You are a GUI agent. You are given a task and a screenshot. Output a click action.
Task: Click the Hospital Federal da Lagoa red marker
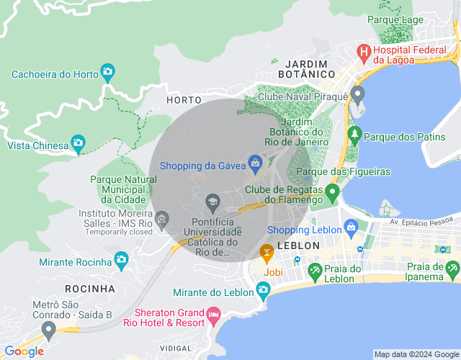point(364,53)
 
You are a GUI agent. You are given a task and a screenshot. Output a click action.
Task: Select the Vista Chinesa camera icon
point(78,142)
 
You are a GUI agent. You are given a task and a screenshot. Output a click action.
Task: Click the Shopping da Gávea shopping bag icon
point(254,163)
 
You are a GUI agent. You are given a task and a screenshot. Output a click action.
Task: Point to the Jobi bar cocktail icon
point(267,252)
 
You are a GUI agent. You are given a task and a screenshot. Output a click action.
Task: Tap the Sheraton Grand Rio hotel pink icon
point(213,315)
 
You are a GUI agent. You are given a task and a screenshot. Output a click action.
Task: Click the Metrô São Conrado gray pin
point(49,330)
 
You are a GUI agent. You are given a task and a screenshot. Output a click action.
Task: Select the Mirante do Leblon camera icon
point(263,289)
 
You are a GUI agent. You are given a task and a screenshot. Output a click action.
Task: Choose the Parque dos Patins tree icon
point(354,134)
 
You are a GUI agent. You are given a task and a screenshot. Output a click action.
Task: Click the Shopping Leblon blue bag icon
point(351,228)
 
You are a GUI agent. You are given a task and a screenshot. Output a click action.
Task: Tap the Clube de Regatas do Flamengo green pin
point(332,192)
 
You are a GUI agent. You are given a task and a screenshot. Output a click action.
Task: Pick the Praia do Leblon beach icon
point(315,271)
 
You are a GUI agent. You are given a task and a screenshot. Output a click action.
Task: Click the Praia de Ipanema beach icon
point(452,269)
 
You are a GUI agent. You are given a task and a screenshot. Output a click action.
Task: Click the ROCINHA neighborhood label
point(89,289)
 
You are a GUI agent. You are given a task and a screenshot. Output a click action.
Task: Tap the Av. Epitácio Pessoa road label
point(424,222)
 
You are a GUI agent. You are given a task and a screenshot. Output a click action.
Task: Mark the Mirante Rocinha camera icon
point(121,258)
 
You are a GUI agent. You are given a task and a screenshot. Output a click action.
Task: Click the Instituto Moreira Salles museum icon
point(162,218)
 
